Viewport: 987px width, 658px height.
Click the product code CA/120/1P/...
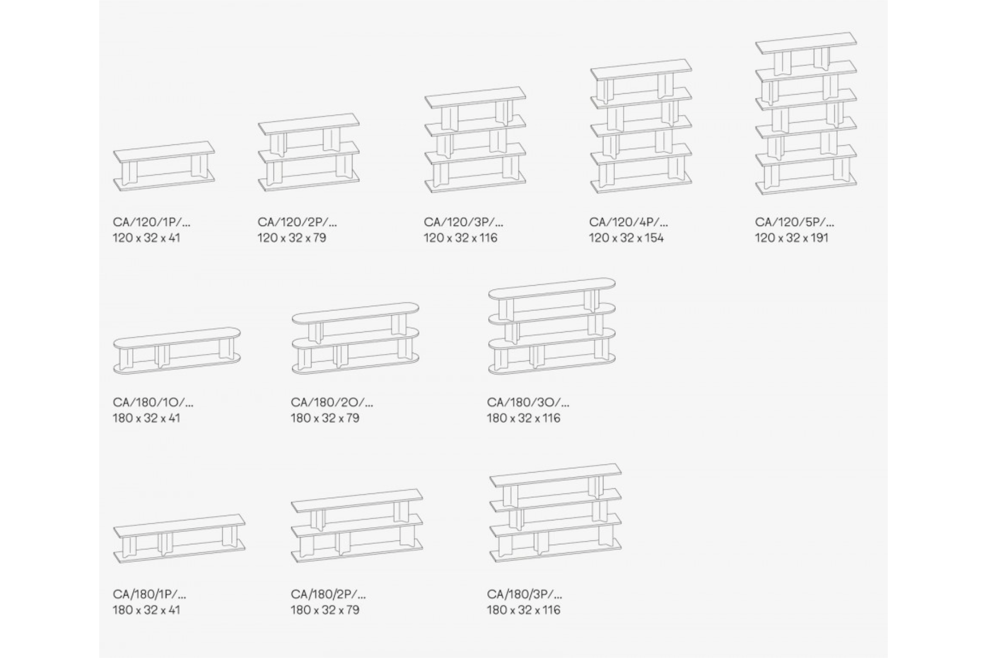[152, 222]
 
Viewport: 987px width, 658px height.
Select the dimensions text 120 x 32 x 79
[291, 238]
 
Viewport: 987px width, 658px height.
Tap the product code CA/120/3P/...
[463, 222]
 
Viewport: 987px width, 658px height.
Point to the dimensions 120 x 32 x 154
[626, 238]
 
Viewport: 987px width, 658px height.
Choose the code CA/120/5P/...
[795, 222]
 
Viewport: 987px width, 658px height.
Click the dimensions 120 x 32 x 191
[792, 238]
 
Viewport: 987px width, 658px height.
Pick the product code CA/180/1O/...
[153, 402]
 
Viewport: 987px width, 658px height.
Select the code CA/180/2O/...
[332, 402]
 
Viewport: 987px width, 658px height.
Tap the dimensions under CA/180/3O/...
[524, 418]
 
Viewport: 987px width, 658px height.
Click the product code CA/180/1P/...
[149, 594]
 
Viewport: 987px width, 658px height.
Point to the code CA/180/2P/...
[328, 594]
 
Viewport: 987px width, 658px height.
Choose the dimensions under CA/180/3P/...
[524, 610]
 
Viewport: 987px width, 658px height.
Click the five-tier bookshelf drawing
[806, 113]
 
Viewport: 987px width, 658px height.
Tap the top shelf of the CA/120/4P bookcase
[641, 69]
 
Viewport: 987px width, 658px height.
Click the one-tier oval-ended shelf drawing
[177, 351]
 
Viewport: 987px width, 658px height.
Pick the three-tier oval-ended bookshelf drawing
[552, 326]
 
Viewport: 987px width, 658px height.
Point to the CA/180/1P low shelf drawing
[179, 539]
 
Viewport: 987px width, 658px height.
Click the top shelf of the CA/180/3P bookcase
[556, 475]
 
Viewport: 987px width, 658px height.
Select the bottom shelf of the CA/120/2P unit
[309, 181]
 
